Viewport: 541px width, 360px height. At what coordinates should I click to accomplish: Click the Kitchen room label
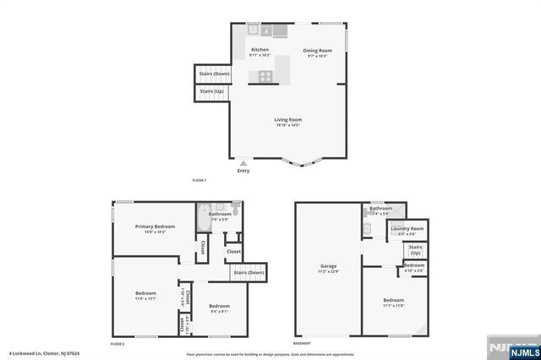point(260,50)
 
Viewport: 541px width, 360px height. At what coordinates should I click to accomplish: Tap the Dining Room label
point(319,50)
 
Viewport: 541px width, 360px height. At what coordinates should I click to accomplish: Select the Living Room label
point(287,119)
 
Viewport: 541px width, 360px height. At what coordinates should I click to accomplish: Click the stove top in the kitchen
point(265,76)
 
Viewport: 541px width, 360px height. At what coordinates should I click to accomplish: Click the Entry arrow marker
point(244,162)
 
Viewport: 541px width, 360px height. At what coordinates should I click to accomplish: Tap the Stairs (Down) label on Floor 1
point(214,74)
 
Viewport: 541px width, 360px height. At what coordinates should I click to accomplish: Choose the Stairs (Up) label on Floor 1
point(211,90)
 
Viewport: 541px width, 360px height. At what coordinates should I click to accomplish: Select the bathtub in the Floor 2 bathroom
point(204,221)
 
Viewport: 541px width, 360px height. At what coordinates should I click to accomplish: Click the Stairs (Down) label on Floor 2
point(249,272)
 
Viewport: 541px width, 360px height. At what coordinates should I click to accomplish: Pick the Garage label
point(328,265)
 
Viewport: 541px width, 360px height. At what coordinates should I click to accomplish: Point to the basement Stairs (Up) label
point(415,251)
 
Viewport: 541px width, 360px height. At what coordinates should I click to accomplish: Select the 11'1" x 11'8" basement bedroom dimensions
point(394,305)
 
